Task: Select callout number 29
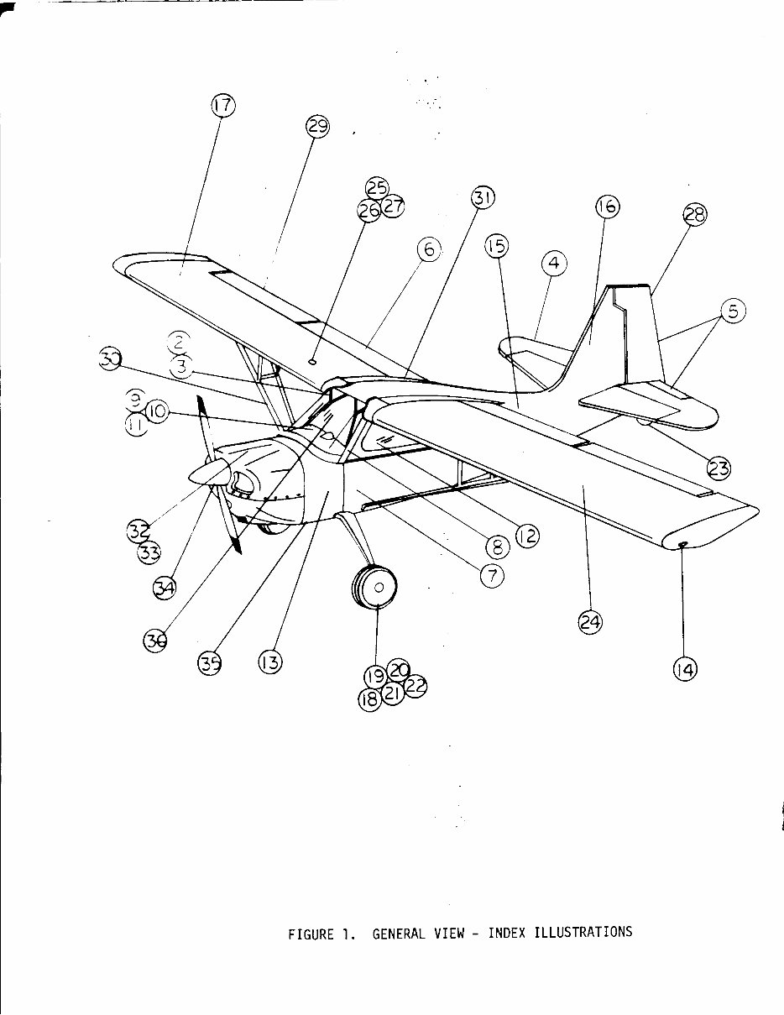[x=316, y=127]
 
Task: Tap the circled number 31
[x=482, y=198]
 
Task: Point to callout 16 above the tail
[x=607, y=206]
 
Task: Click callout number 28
[x=695, y=215]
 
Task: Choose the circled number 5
[x=732, y=311]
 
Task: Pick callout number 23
[x=719, y=467]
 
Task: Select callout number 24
[x=590, y=622]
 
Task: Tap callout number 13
[x=269, y=662]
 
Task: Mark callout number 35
[x=209, y=663]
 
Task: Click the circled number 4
[x=553, y=264]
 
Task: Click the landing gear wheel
[x=375, y=589]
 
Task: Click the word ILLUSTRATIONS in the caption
[x=583, y=932]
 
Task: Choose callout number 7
[x=492, y=575]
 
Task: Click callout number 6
[x=428, y=249]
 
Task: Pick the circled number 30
[x=110, y=360]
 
